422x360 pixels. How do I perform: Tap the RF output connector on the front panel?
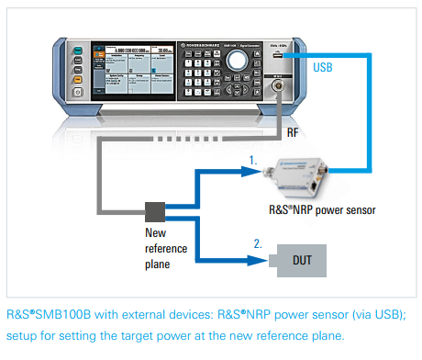coord(274,93)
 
